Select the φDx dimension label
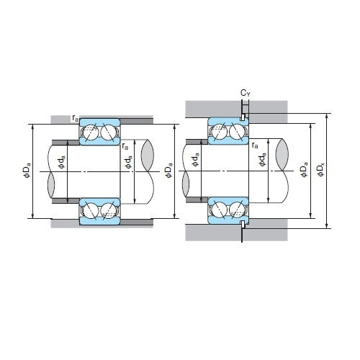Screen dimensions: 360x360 [x=320, y=171]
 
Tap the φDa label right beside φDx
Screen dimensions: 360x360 [x=302, y=171]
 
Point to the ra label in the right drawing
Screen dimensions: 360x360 [x=256, y=145]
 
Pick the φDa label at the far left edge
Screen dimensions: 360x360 [x=26, y=171]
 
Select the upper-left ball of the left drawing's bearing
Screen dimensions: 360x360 [x=92, y=132]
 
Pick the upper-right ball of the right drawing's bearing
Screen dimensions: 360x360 [x=235, y=132]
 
